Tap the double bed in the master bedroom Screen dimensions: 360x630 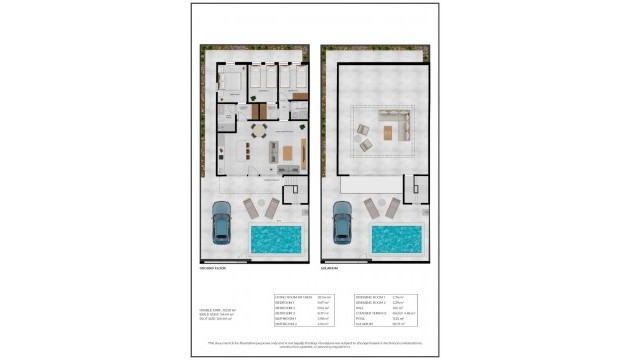click(230, 80)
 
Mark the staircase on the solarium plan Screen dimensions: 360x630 click(413, 187)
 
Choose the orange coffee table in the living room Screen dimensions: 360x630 click(289, 153)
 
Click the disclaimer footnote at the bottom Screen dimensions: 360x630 click(314, 343)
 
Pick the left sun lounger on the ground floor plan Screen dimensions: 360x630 click(251, 207)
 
